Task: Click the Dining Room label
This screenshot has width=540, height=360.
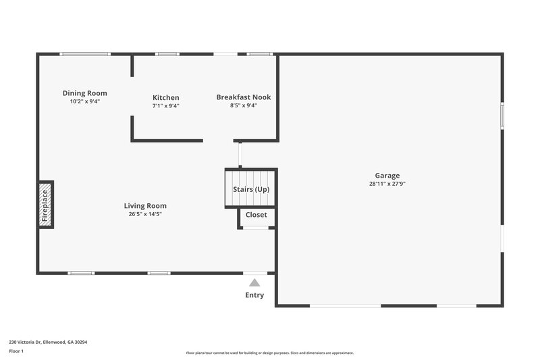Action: (85, 93)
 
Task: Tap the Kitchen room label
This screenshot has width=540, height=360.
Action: (165, 98)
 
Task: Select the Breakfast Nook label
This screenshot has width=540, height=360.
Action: (243, 97)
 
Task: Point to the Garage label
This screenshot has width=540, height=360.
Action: (387, 175)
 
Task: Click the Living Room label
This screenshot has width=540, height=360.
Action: (145, 206)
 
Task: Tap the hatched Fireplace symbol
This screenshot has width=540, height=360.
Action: (45, 205)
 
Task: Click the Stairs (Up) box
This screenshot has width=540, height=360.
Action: (251, 189)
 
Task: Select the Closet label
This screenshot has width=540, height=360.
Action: (256, 215)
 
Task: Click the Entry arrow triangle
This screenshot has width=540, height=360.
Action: (254, 283)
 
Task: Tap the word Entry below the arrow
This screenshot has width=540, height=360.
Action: (254, 295)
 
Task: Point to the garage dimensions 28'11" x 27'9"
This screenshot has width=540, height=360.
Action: (387, 184)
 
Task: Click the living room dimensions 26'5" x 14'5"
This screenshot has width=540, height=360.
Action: (145, 214)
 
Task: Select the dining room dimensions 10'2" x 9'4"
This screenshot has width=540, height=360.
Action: (85, 101)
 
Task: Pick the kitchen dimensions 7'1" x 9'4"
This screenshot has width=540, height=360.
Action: (165, 106)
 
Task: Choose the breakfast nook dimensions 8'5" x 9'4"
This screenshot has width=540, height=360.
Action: (243, 105)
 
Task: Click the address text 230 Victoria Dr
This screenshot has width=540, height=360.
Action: (48, 342)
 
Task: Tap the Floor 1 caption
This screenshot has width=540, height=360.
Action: (16, 351)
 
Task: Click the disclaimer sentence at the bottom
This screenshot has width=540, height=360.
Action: (269, 353)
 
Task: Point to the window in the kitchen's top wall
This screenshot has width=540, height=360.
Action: (167, 54)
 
